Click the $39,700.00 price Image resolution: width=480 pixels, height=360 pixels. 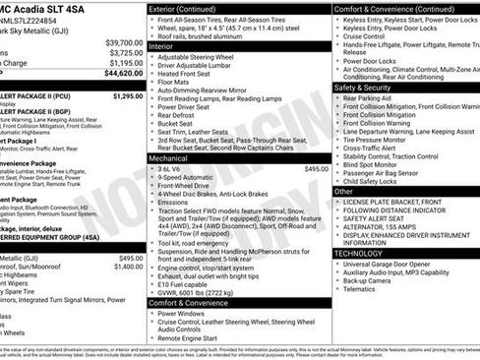pos(124,43)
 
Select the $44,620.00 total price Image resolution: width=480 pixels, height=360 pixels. pos(124,73)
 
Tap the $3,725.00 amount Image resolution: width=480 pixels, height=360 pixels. pos(126,53)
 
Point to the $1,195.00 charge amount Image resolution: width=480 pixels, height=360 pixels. pos(126,63)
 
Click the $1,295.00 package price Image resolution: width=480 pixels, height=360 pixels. pos(128,96)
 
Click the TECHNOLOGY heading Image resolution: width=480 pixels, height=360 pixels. pos(358,253)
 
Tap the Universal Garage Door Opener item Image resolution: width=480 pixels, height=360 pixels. pos(395,264)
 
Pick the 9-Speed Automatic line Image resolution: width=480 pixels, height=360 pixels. pos(188,178)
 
